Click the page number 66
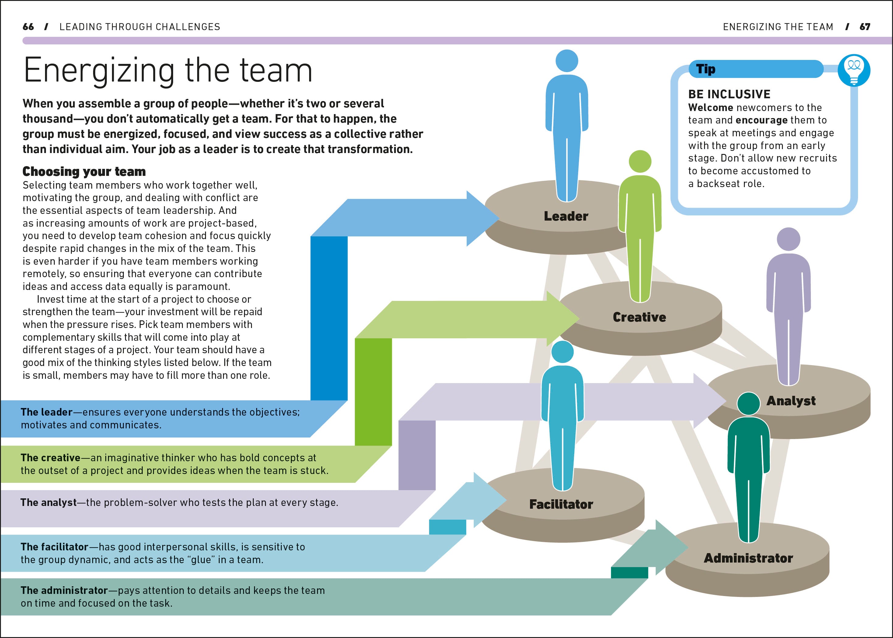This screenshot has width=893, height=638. [x=28, y=27]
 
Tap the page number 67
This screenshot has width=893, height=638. [x=865, y=27]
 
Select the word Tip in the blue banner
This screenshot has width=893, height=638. [x=706, y=69]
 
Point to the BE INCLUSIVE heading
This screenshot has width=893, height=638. [x=729, y=94]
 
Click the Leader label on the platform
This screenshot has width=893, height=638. [x=566, y=216]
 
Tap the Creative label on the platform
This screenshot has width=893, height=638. [x=639, y=317]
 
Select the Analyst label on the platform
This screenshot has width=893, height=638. [x=791, y=401]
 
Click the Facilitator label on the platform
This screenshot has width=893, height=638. [x=561, y=504]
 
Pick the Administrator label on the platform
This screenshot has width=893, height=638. [x=748, y=558]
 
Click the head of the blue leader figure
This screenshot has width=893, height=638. [x=567, y=61]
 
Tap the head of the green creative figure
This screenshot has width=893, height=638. [x=640, y=161]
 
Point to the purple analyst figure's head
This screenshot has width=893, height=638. [x=789, y=239]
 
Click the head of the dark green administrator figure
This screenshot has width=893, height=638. [x=748, y=403]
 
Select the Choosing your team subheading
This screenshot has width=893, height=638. [x=84, y=171]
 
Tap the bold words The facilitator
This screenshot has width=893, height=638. [x=54, y=546]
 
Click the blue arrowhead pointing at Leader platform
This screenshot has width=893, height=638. [x=483, y=218]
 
